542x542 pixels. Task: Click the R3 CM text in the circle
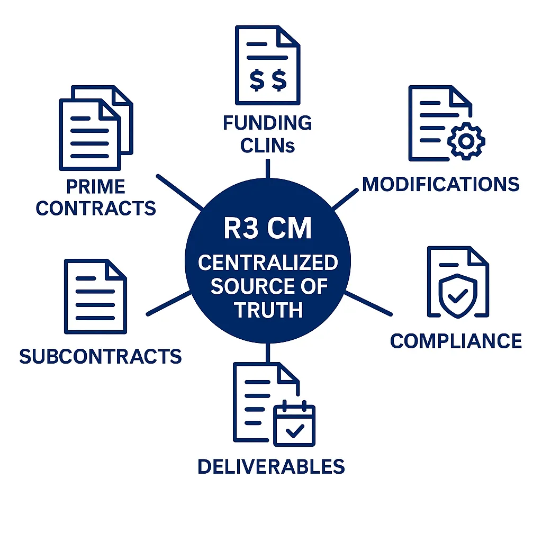click(267, 230)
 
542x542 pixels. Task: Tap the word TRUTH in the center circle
click(268, 310)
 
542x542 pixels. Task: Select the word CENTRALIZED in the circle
click(268, 263)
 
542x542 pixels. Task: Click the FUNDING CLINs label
click(267, 134)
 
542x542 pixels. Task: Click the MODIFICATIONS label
click(441, 184)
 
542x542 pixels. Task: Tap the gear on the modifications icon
click(466, 140)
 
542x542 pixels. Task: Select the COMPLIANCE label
click(456, 341)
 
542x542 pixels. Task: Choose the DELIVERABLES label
click(271, 466)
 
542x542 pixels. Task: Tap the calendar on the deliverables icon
click(294, 425)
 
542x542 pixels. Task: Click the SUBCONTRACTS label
click(101, 356)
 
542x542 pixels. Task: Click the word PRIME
click(96, 187)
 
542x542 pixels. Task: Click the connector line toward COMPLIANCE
click(368, 303)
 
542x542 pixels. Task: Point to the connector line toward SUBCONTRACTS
click(168, 303)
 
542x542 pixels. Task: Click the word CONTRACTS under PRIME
click(96, 208)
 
